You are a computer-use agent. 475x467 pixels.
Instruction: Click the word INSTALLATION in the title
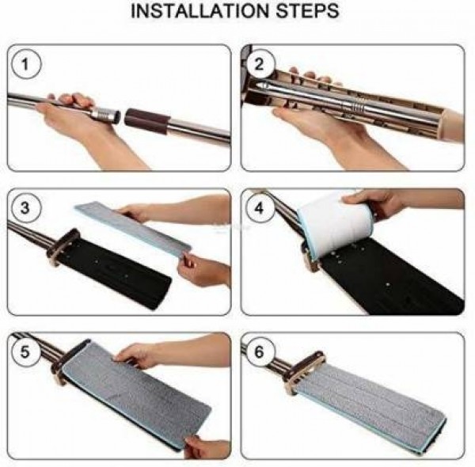(200, 11)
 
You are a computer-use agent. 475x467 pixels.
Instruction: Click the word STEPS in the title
(307, 11)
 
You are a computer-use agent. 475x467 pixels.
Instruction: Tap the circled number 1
(25, 64)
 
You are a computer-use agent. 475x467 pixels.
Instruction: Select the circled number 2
(259, 64)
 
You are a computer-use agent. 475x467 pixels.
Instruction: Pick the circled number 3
(25, 208)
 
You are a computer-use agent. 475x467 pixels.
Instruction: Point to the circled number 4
(259, 208)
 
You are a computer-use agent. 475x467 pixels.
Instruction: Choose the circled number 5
(25, 352)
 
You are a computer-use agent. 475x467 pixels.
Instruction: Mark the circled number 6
(259, 352)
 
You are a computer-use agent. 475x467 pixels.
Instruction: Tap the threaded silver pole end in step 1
(106, 115)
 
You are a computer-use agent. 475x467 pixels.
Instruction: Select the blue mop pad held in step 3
(133, 229)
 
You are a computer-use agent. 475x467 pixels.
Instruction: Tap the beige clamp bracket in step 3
(63, 248)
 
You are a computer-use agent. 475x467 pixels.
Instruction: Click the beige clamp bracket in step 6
(305, 373)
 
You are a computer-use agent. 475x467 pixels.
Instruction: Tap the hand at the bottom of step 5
(206, 448)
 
